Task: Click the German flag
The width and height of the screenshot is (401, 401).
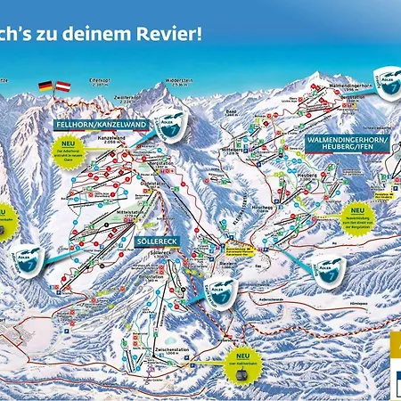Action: pos(45,86)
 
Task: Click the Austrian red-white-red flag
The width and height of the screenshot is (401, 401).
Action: pos(62,86)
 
